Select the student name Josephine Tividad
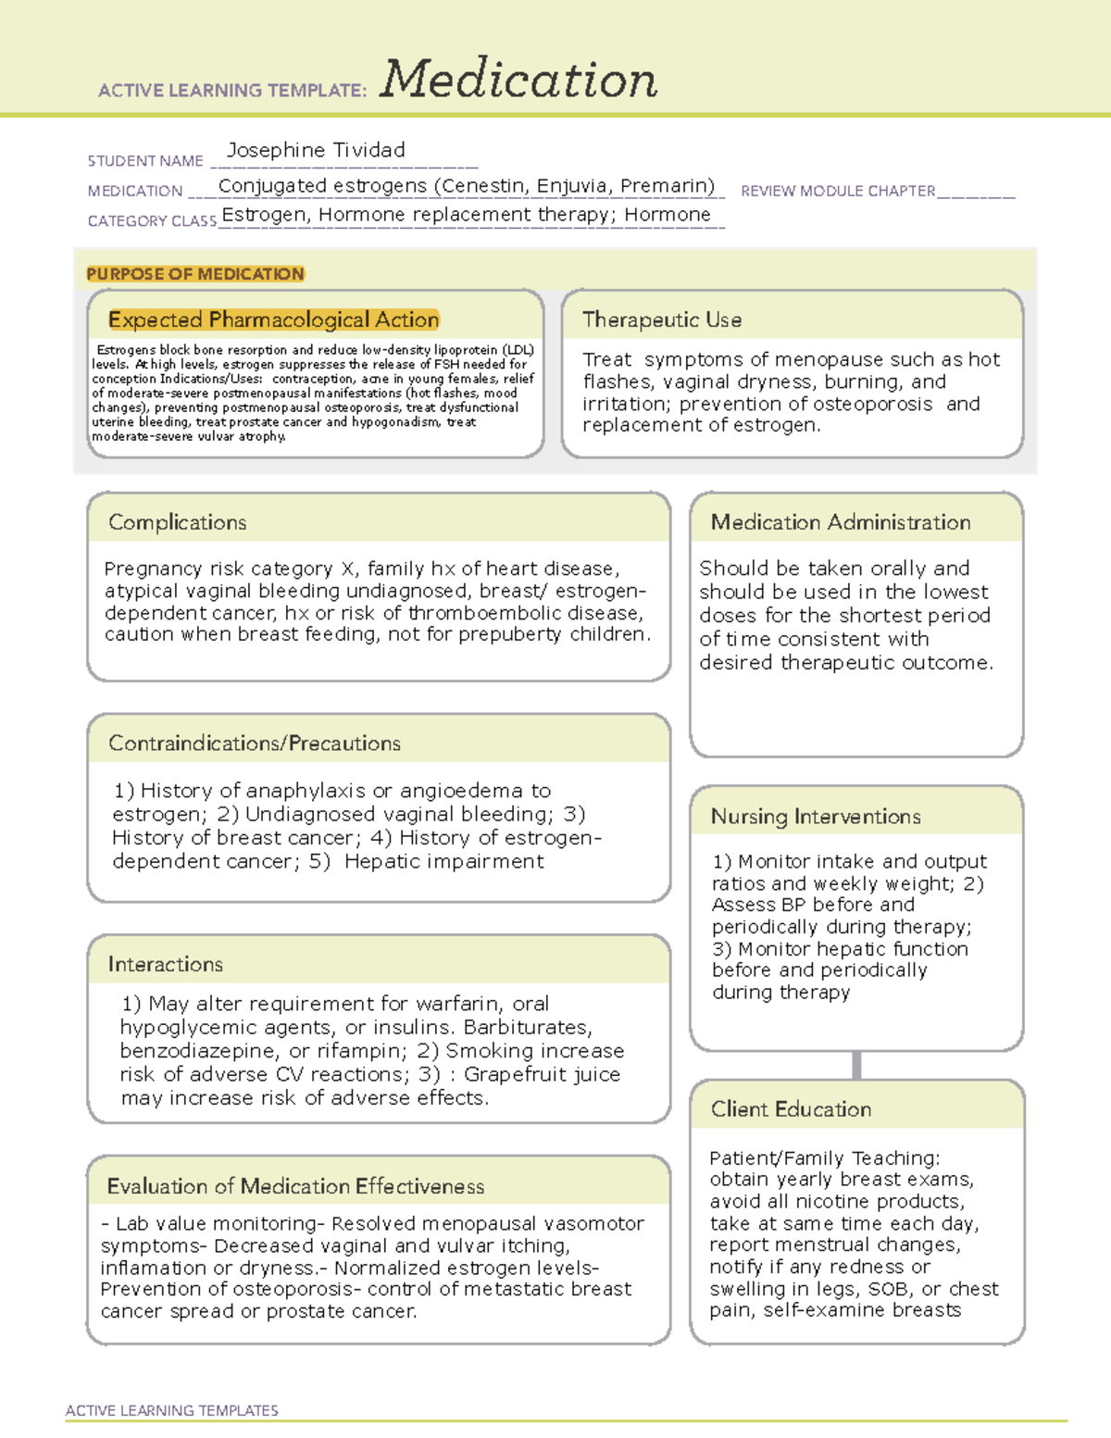click(x=316, y=150)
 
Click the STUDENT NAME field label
click(x=145, y=161)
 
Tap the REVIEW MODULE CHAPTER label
click(x=838, y=191)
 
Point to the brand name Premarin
click(x=667, y=186)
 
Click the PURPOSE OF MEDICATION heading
click(x=195, y=274)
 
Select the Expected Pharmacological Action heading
click(x=273, y=319)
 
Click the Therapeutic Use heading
click(x=661, y=319)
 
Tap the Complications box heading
click(x=177, y=522)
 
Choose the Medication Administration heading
click(x=840, y=522)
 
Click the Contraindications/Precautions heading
click(x=254, y=744)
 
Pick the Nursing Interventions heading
click(x=815, y=817)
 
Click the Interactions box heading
click(x=165, y=965)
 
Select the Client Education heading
click(x=791, y=1109)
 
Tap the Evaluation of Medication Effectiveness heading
click(x=295, y=1186)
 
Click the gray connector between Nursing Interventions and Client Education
click(x=856, y=1065)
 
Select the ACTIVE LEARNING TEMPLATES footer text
click(x=171, y=1410)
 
